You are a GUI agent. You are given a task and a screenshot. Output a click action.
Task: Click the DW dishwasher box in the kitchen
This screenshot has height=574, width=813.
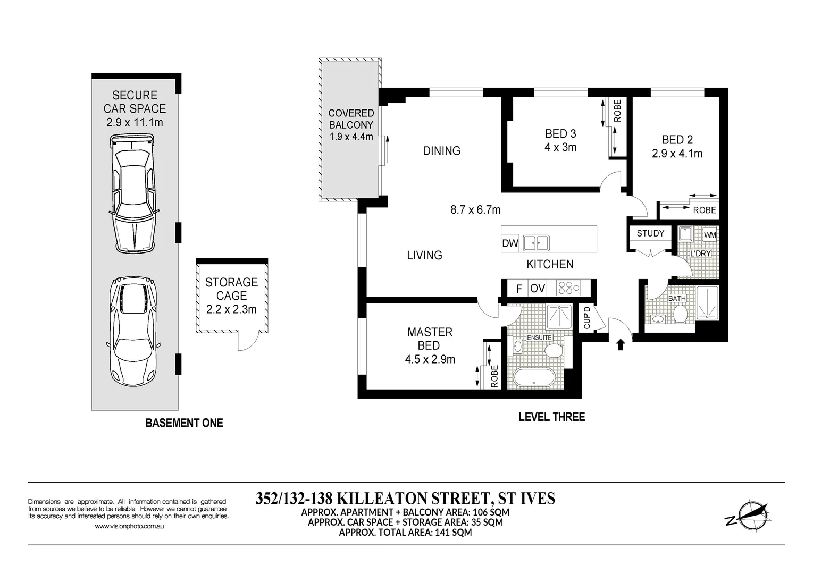510,243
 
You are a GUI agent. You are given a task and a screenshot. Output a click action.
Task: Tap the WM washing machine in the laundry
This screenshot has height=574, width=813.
709,235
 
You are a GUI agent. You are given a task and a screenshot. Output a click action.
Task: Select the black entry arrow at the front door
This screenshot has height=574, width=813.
620,345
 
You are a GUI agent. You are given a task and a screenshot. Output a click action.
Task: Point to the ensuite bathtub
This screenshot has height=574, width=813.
534,378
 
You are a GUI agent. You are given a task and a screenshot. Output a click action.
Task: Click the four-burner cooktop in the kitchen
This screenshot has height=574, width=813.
568,288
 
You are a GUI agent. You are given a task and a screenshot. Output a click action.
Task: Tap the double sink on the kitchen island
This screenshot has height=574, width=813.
535,243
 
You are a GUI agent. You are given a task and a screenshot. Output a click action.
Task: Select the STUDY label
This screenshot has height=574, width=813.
650,233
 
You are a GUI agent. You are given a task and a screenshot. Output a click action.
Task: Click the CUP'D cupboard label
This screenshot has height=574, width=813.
587,317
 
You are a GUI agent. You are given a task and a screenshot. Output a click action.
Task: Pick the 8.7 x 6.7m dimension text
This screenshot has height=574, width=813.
475,210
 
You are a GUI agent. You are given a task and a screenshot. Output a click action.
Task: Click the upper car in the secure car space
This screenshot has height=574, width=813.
133,194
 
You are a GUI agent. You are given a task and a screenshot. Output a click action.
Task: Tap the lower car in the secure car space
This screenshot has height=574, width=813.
133,330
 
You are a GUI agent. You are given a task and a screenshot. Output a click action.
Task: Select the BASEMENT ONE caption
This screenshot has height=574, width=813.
184,423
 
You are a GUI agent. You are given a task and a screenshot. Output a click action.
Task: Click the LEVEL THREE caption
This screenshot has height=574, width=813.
551,417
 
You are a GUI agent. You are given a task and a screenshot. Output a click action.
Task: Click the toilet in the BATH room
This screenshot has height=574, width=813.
680,314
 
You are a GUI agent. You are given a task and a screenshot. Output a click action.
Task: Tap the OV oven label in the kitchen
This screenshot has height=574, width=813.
538,289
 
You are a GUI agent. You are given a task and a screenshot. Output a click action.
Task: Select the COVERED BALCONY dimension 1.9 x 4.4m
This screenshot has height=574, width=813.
351,137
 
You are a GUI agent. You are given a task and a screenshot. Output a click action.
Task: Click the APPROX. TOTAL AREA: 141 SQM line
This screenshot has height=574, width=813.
405,532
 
